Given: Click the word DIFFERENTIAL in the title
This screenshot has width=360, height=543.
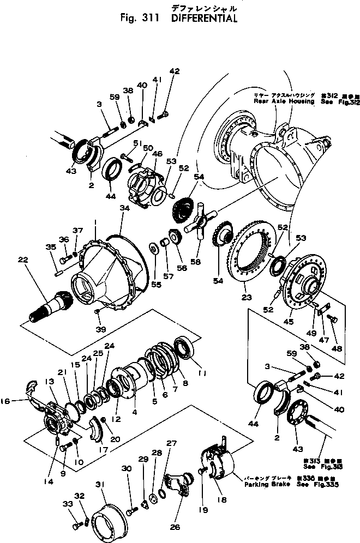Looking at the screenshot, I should click(205, 19).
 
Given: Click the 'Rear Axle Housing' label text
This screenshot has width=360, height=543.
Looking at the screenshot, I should click(283, 102).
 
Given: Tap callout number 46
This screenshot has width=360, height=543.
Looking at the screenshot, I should click(158, 155).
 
